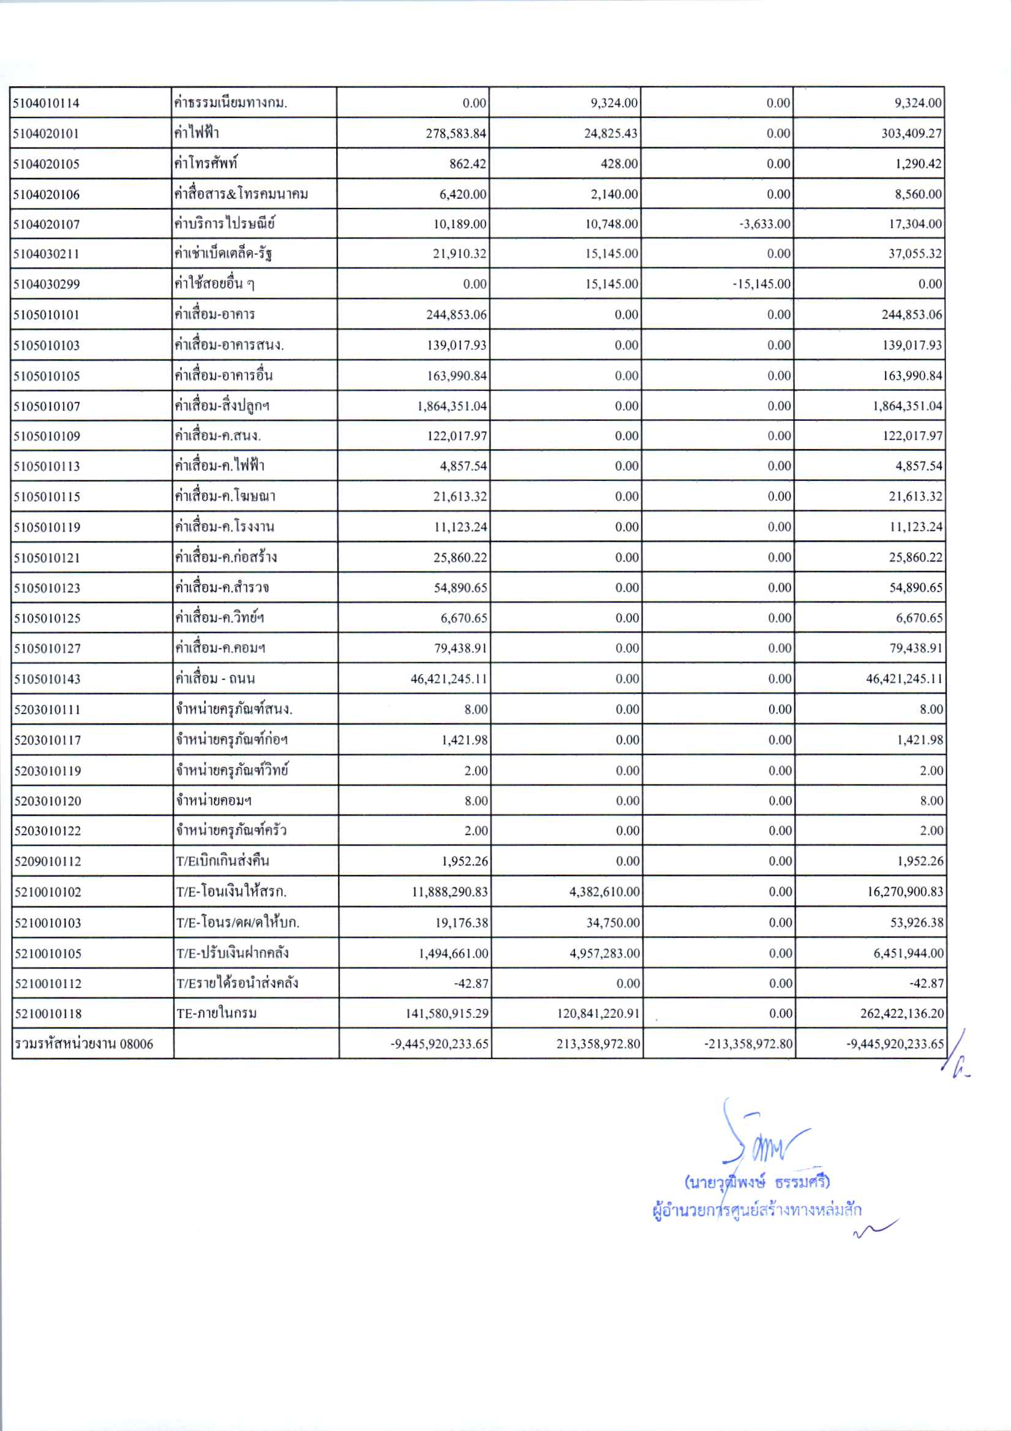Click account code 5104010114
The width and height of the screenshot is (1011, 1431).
(x=47, y=103)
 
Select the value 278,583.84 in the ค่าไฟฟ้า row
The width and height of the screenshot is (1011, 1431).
(x=456, y=133)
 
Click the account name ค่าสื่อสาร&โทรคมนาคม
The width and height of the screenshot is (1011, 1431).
(x=241, y=194)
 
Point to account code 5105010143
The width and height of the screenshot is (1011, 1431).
(x=47, y=678)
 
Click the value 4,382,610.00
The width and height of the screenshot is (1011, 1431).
(x=604, y=892)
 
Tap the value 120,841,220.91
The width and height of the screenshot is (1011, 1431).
(x=598, y=1013)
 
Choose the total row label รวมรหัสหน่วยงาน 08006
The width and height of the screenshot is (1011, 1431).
(x=83, y=1044)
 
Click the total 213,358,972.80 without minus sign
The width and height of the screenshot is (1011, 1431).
(x=598, y=1044)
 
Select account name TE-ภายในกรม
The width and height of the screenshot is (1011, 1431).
(x=216, y=1013)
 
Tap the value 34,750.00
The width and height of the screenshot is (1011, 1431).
(x=613, y=923)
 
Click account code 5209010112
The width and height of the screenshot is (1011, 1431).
(x=47, y=861)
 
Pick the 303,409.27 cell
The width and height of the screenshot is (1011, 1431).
(x=911, y=133)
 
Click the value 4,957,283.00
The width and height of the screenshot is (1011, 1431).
(x=604, y=953)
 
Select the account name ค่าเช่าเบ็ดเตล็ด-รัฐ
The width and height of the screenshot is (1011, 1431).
(x=224, y=254)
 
